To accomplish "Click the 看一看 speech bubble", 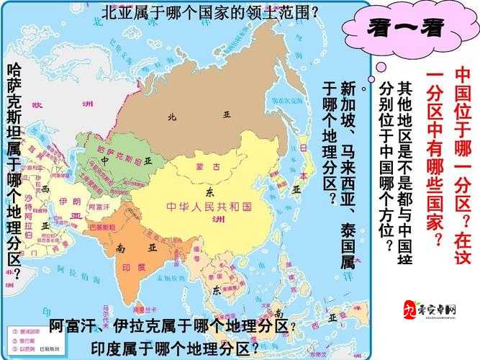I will point(406,30).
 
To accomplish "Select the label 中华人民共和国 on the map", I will point(209,206).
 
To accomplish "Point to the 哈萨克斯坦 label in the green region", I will point(115,153).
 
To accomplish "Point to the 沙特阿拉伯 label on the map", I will point(29,209).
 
